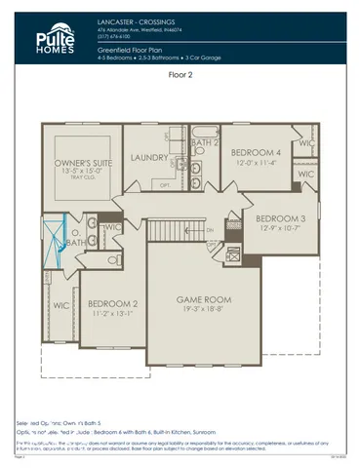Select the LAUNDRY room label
pyautogui.click(x=151, y=156)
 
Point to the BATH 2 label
pyautogui.click(x=204, y=143)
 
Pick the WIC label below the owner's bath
pyautogui.click(x=60, y=305)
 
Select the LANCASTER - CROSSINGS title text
pyautogui.click(x=136, y=19)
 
